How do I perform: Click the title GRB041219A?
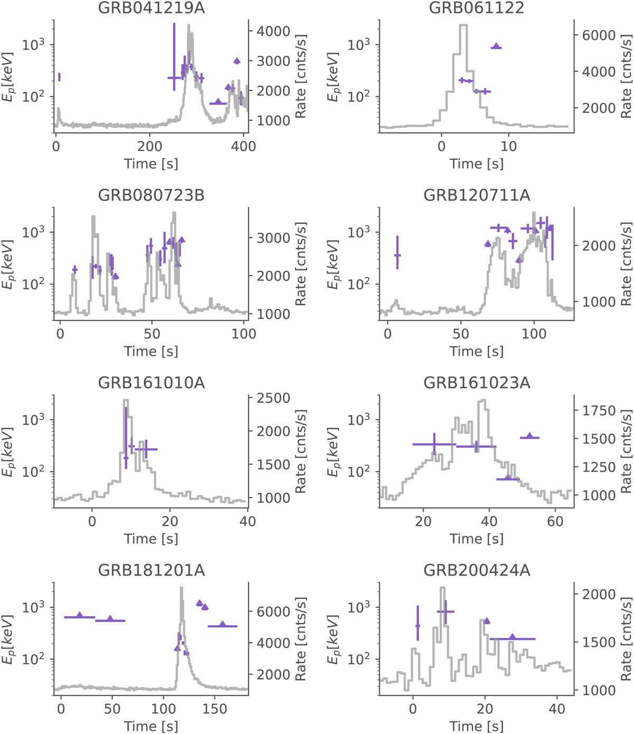click(152, 8)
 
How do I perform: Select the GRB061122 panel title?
click(477, 8)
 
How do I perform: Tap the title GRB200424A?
click(477, 570)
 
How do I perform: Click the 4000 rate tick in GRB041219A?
click(274, 32)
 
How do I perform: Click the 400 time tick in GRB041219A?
click(243, 146)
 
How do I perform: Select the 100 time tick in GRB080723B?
click(244, 334)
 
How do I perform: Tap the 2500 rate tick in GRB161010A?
click(274, 398)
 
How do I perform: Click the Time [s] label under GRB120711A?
click(477, 351)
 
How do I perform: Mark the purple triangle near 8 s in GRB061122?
click(496, 46)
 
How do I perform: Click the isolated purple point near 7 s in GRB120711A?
click(397, 255)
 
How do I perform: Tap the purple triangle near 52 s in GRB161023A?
click(530, 436)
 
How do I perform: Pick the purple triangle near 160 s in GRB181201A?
click(222, 625)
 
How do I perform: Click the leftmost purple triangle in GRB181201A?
click(80, 616)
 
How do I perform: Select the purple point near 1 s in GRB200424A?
click(417, 626)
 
